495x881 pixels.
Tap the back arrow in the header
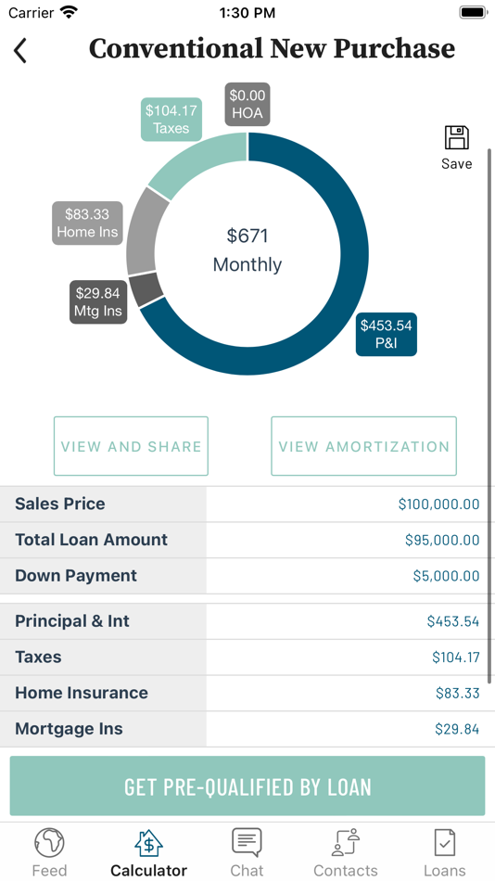pos(20,50)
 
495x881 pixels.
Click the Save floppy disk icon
pos(456,138)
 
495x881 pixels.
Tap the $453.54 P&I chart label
pos(387,334)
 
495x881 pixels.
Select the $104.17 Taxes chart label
pos(171,120)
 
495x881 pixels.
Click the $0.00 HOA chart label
pos(247,104)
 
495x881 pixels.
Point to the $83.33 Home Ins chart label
pos(87,223)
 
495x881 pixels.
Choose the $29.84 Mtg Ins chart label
pos(98,302)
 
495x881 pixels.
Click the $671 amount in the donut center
pos(247,236)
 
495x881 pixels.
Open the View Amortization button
pos(363,446)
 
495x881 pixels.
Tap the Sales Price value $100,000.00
pos(438,504)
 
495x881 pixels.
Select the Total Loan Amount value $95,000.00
pos(442,540)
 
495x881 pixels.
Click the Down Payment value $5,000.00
pos(446,576)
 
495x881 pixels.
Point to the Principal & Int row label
pos(72,621)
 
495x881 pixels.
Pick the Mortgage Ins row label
pos(69,729)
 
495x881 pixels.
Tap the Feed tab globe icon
pos(49,842)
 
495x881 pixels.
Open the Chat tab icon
pos(247,842)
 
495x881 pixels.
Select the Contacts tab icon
pos(345,842)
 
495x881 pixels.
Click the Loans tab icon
pos(444,842)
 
